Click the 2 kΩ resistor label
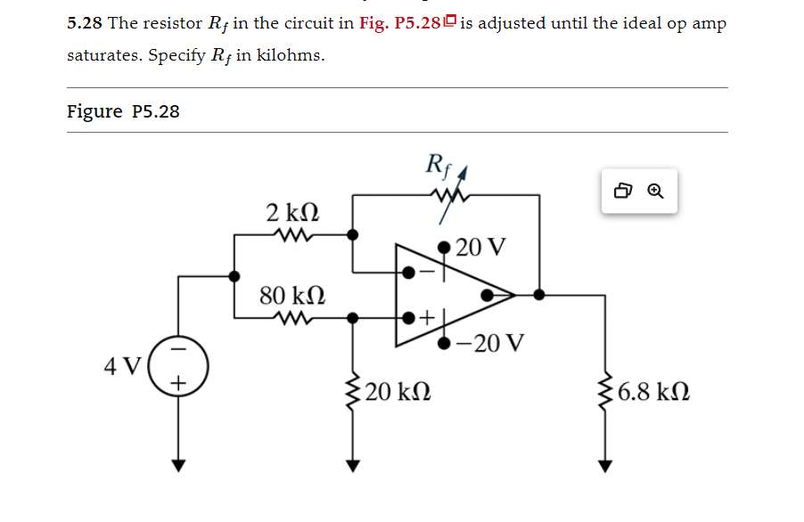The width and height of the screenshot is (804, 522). pos(292,214)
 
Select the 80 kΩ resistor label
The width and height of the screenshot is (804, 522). pos(292,295)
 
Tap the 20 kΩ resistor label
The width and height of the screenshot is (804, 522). pos(398,392)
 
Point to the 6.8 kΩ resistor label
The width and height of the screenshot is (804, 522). pos(652,392)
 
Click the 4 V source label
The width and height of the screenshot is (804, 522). pos(122,366)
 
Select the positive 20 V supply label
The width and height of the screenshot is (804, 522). pos(480,247)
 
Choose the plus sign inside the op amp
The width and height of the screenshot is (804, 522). pos(427,316)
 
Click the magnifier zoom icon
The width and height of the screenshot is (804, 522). pos(655,192)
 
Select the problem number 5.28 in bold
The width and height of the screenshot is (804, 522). pos(85,23)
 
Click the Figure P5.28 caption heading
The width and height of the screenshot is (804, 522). pos(123,111)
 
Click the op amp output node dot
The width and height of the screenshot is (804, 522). pos(538,294)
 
